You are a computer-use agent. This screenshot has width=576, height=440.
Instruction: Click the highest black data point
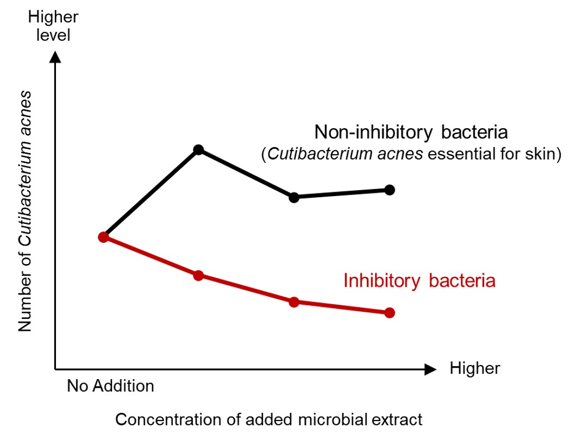198,149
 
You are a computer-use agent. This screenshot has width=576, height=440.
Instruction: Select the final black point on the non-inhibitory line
390,190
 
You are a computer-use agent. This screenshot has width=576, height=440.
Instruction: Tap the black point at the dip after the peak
294,198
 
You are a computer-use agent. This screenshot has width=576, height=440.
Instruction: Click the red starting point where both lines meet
104,237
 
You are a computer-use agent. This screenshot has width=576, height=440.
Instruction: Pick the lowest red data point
390,313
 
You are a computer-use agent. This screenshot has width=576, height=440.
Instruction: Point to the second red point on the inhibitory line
198,275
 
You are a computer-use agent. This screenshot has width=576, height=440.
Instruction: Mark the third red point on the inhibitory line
294,302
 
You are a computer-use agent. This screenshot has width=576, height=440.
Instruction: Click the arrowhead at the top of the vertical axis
55,57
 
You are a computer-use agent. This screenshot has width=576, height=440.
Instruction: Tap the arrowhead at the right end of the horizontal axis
430,369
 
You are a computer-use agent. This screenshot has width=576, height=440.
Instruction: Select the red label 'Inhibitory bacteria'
420,281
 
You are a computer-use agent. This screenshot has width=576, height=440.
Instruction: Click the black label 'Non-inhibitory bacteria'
411,132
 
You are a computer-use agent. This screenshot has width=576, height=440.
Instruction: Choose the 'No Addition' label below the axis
110,386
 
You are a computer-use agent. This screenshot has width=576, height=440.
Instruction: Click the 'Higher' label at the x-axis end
474,368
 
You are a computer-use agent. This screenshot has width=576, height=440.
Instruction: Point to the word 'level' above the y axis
53,35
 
